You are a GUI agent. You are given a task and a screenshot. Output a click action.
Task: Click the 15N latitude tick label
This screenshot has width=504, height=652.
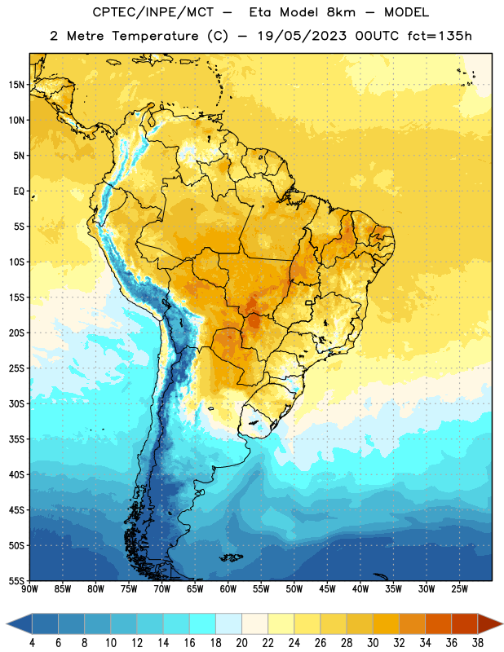pos(16,85)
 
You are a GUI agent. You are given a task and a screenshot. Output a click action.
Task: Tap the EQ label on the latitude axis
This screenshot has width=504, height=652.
pos(19,192)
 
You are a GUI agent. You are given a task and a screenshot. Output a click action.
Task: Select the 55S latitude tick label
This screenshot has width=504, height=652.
pos(16,580)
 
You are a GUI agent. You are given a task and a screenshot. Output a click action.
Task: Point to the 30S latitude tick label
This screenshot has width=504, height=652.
pos(16,403)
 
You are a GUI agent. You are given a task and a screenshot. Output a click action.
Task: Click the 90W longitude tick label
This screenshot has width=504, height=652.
pos(29,589)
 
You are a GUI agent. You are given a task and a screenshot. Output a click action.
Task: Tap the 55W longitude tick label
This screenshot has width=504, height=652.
pos(261,589)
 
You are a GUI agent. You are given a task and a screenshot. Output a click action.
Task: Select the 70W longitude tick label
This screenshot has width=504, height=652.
pos(162,589)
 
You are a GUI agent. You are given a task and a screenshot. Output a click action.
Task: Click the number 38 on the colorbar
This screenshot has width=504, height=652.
pos(477,643)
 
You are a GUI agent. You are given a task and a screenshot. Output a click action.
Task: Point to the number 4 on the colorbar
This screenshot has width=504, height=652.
pos(32,643)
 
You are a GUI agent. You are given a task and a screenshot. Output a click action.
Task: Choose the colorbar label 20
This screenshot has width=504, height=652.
pos(241,643)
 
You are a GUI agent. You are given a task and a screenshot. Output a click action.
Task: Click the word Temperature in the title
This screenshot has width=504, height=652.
pos(155,36)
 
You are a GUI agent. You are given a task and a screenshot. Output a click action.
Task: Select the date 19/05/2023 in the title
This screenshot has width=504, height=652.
pos(302,36)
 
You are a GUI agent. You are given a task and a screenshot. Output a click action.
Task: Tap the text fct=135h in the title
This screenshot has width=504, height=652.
pos(440,36)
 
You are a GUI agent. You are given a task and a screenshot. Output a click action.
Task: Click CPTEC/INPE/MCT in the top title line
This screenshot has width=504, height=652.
pos(153,12)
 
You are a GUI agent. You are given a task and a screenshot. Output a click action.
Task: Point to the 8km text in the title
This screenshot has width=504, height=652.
pos(341,12)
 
